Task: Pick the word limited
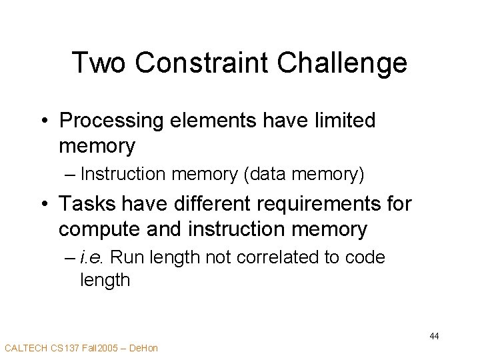click(x=342, y=121)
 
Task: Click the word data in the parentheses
click(x=269, y=175)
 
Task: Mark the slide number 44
click(x=434, y=336)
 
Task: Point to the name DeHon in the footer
click(x=143, y=348)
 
